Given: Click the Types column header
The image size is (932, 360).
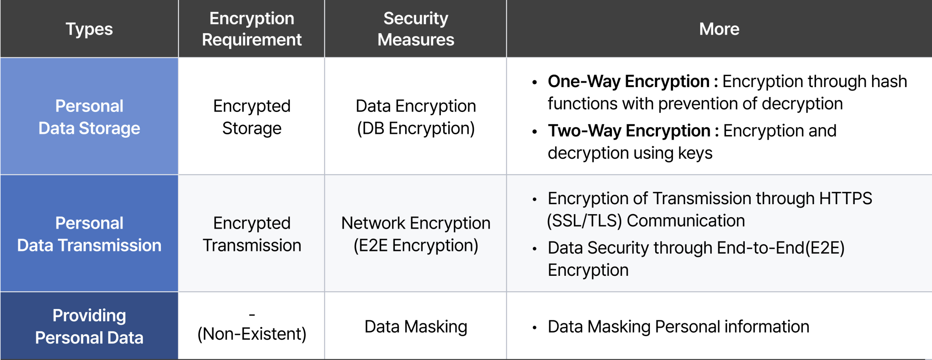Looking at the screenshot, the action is [x=89, y=29].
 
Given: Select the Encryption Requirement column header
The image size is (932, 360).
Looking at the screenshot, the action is [x=252, y=29].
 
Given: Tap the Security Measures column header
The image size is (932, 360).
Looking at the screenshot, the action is [x=416, y=29].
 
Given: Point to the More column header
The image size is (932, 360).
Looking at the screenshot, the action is [x=719, y=29].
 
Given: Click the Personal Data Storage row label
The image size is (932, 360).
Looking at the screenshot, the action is [x=89, y=117].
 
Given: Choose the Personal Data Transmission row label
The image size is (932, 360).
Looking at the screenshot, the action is [x=89, y=234].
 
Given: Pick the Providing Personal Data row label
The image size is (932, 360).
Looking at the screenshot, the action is [x=89, y=326].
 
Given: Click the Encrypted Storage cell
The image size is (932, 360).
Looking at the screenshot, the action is [x=252, y=117].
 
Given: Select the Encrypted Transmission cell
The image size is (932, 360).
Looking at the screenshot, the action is [x=252, y=234].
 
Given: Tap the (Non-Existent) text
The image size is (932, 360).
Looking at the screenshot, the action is [x=252, y=334].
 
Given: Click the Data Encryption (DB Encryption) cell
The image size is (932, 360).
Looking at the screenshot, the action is [x=416, y=117].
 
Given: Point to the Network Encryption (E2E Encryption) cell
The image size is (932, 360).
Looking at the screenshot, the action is [x=416, y=234].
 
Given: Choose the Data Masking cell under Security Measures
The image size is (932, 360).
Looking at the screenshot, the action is [x=416, y=327].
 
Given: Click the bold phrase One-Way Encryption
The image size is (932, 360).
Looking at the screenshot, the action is [x=628, y=82].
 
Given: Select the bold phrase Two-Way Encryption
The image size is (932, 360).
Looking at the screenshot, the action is [x=629, y=131].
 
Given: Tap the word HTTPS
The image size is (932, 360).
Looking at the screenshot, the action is [x=846, y=198].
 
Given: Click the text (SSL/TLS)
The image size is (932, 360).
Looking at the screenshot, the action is [x=584, y=221].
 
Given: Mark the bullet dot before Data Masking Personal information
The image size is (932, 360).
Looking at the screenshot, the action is [x=534, y=328].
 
